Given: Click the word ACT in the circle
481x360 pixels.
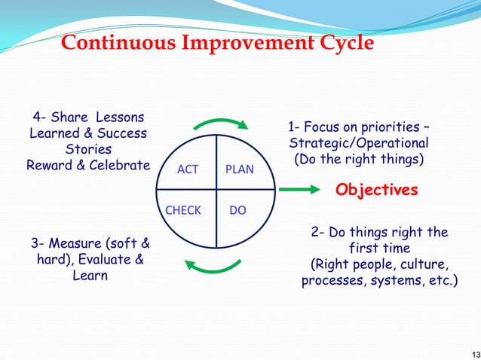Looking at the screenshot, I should point(187,169).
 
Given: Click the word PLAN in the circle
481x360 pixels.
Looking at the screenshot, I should point(240,169).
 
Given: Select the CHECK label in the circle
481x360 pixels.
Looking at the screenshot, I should point(183,210).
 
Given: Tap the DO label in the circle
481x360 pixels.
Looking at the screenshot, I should point(237,210).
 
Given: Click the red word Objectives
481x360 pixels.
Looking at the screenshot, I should point(376,190).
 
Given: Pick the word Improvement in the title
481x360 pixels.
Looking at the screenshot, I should point(244,44).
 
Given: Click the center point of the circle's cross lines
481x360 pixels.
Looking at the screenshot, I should point(217,191).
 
